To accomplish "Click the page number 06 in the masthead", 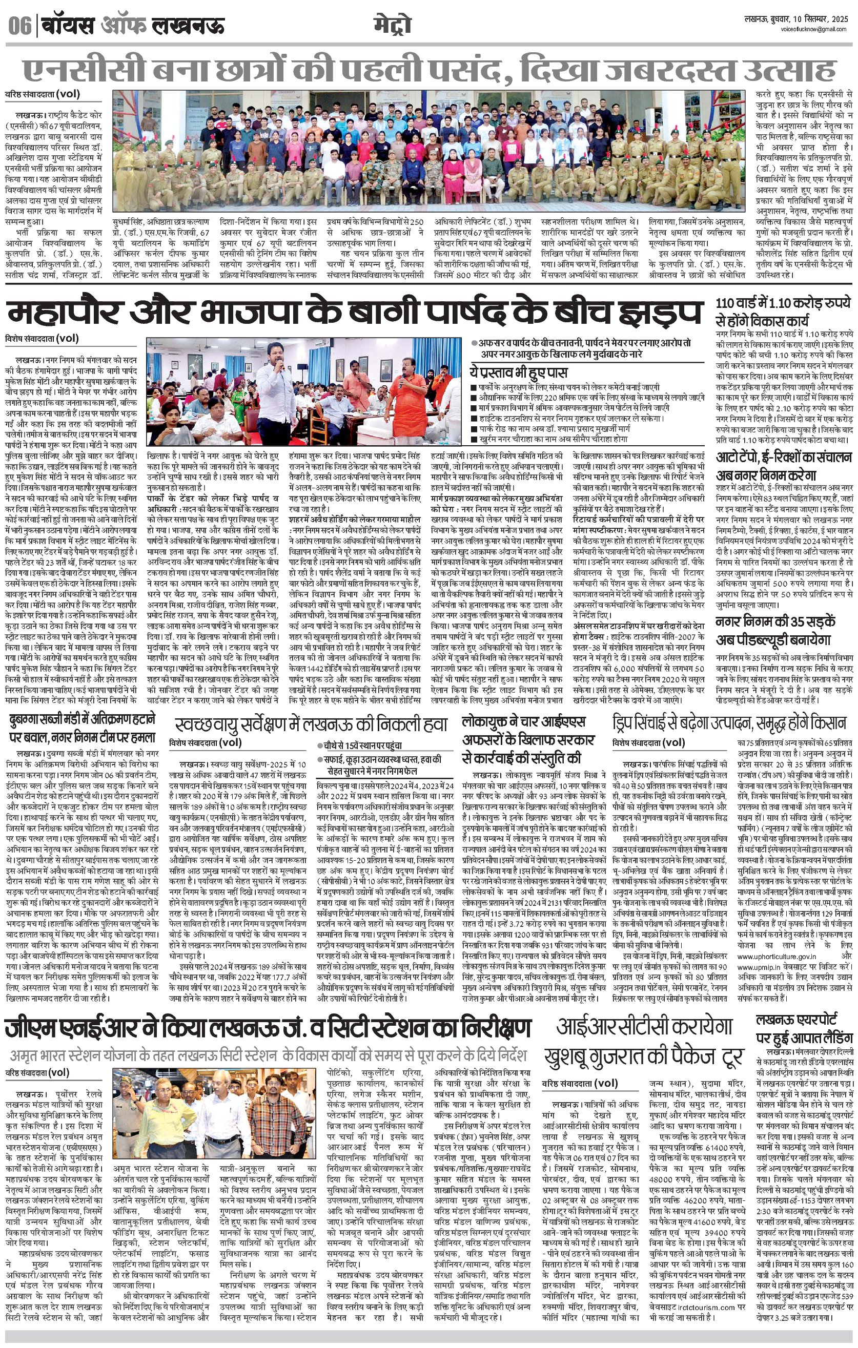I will point(19,26).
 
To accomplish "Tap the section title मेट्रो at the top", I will point(392,26).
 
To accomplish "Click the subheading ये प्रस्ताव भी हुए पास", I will point(518,372).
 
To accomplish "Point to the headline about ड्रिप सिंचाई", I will point(731,723).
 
